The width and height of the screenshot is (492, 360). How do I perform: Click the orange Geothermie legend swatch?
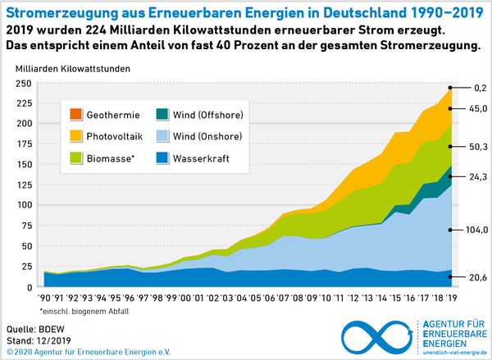coord(76,115)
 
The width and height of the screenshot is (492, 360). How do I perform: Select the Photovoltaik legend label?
coord(117,134)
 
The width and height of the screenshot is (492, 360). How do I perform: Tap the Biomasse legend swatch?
coord(76,155)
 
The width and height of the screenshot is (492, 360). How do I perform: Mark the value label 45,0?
coord(476,108)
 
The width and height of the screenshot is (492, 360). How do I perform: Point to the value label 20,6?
coord(476,279)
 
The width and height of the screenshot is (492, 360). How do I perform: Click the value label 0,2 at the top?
coord(480,88)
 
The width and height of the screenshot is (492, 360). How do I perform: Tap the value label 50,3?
coord(476,147)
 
